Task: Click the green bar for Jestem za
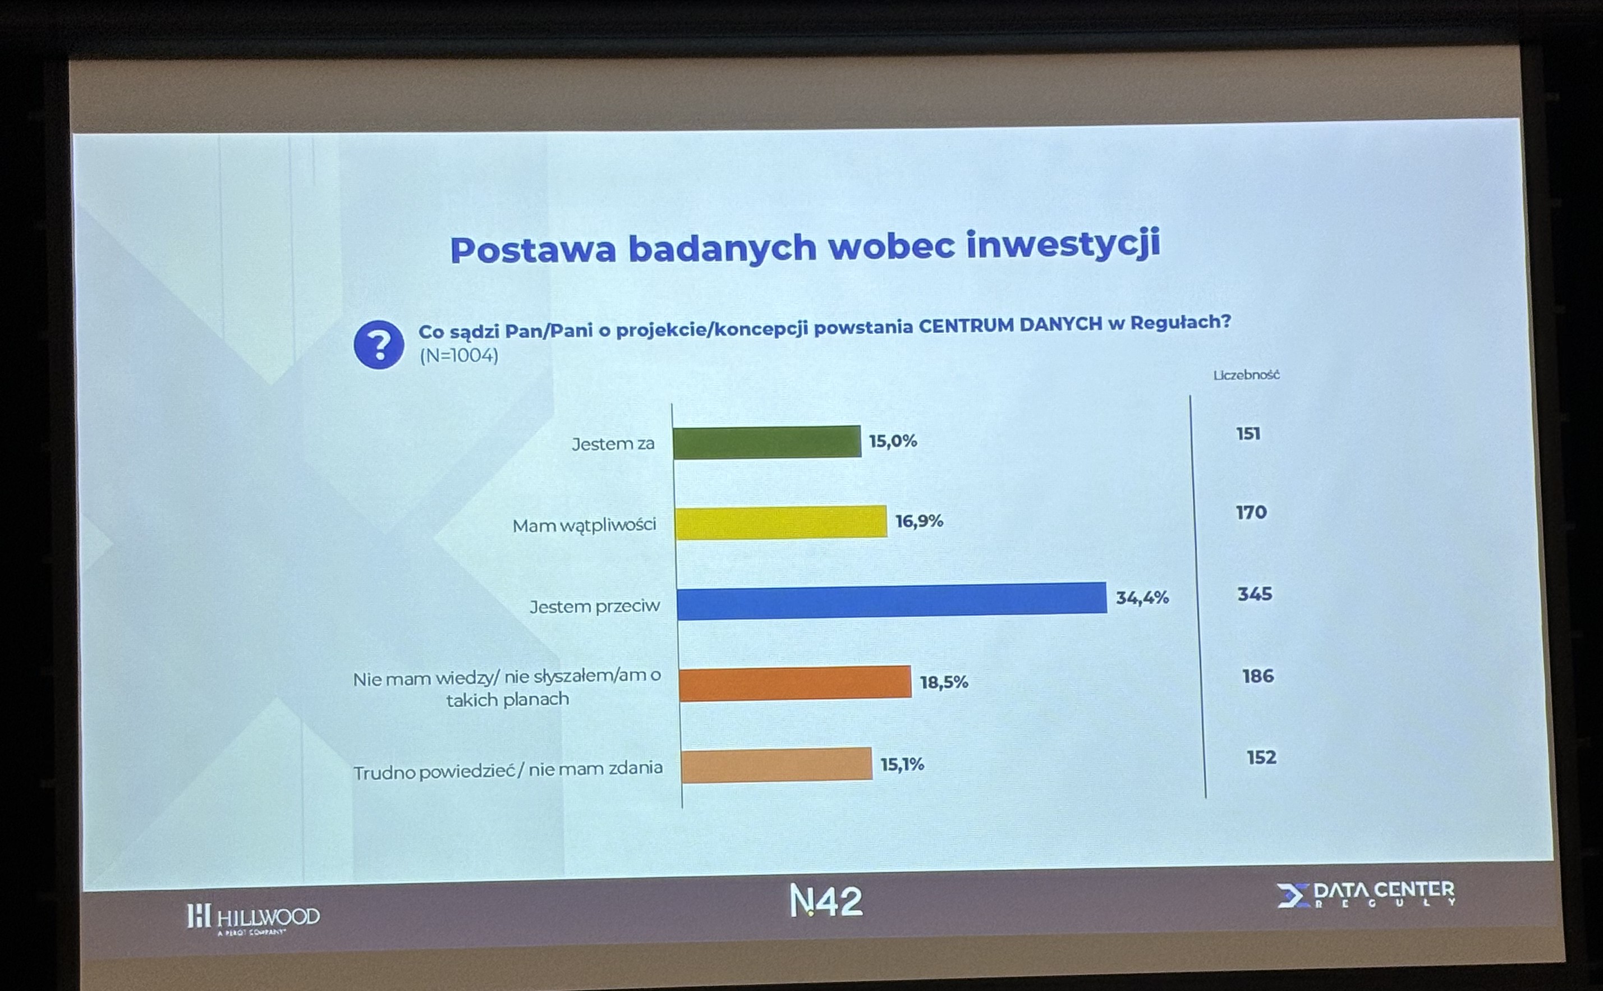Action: tap(767, 442)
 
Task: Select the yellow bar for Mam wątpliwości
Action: tap(780, 522)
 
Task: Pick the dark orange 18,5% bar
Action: tap(795, 683)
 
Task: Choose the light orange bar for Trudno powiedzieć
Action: tap(777, 765)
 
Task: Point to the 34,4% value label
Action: tap(1142, 598)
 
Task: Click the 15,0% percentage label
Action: tap(893, 441)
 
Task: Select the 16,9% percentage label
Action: tap(919, 521)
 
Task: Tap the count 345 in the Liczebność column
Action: tap(1255, 594)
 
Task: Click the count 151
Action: tap(1248, 434)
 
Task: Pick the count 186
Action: tap(1257, 676)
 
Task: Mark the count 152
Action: tap(1261, 758)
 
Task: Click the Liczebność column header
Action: tap(1246, 375)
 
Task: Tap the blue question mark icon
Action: tap(379, 345)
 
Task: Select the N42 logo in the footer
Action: tap(826, 901)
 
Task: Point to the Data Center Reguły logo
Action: tap(1366, 894)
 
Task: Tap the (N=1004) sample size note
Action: tap(459, 356)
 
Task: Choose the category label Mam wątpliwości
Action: tap(584, 525)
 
